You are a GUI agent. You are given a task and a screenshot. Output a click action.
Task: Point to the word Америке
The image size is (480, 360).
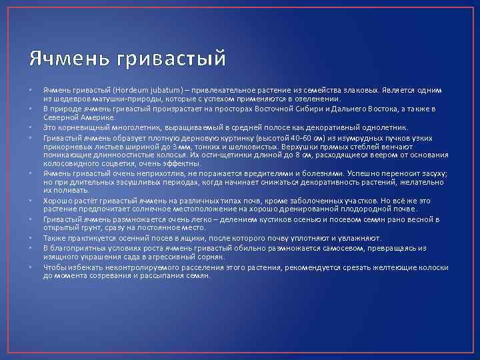coord(99,117)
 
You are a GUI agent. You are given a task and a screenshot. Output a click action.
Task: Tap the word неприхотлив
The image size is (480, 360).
coord(160,173)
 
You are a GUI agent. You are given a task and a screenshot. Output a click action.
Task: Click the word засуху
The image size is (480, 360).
coord(433,173)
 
